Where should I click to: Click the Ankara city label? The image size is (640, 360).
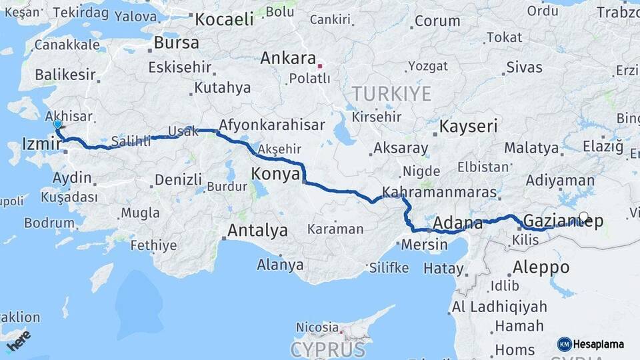point(287,58)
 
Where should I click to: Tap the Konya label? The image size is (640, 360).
point(274,175)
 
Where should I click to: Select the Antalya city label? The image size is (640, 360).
point(257,231)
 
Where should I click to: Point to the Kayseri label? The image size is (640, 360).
point(469,126)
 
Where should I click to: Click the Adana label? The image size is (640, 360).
point(457,222)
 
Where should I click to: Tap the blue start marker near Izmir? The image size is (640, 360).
point(58,124)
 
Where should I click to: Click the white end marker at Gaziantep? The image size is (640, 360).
point(584,217)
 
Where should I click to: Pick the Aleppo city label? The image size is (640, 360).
point(541,267)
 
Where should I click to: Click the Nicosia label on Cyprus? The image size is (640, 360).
point(317,327)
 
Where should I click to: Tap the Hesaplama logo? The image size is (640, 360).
point(591,344)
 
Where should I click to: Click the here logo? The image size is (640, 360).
point(19,340)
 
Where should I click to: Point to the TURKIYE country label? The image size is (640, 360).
point(392,93)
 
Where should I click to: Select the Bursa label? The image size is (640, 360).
point(176,43)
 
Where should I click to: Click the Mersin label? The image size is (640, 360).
point(425,245)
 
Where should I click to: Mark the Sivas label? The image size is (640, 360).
point(524,67)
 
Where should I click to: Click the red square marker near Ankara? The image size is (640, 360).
point(320,66)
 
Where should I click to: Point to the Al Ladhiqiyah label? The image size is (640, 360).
point(499,307)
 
